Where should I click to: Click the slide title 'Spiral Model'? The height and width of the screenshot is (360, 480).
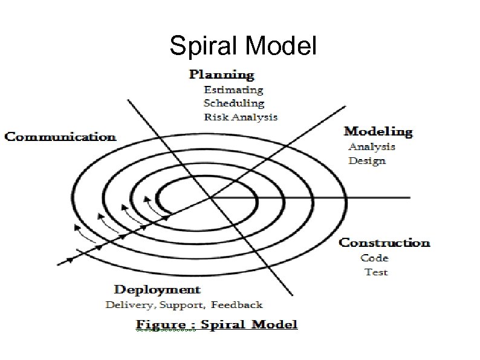click(x=243, y=45)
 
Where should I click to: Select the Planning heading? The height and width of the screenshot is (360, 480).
click(x=221, y=75)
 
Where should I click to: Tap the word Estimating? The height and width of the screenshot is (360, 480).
click(x=233, y=90)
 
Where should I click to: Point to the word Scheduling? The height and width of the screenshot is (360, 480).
click(x=234, y=103)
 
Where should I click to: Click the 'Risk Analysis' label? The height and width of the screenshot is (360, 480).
click(x=241, y=117)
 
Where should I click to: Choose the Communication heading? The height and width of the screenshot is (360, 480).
click(x=60, y=137)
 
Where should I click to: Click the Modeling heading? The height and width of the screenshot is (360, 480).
click(x=378, y=131)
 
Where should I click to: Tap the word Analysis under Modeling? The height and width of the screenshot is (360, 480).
click(x=372, y=146)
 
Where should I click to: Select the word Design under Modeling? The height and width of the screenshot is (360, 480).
click(x=367, y=161)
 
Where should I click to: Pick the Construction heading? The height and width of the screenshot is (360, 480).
click(x=384, y=243)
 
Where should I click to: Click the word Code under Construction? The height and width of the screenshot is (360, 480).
click(x=375, y=258)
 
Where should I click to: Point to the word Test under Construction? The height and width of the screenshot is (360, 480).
click(x=376, y=272)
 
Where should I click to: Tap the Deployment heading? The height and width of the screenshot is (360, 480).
click(x=157, y=290)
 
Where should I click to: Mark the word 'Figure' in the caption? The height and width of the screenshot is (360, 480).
click(x=161, y=325)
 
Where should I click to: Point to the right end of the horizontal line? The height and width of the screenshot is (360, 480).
click(x=409, y=197)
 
